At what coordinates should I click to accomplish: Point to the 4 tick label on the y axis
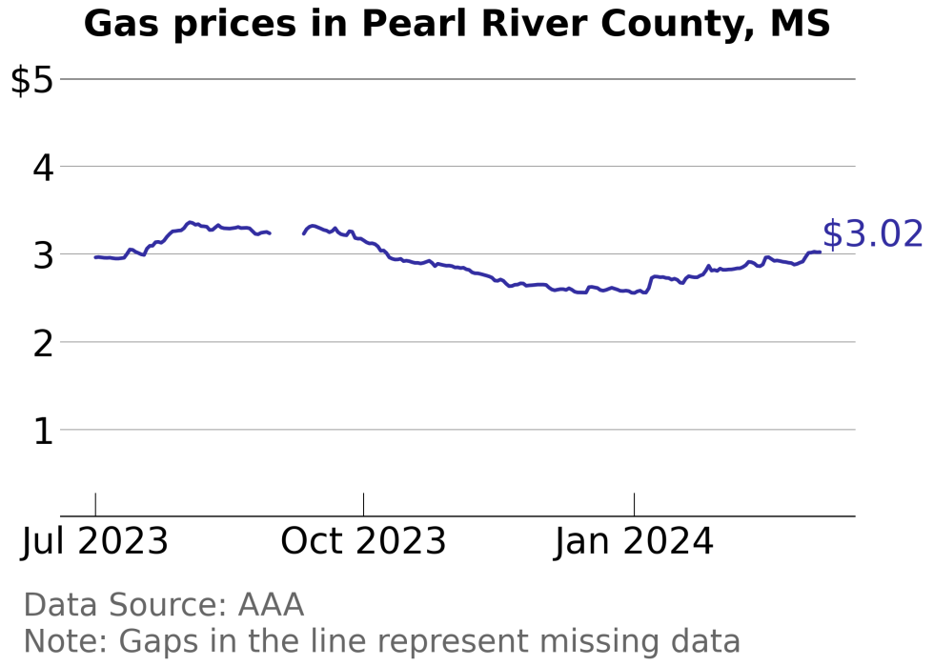pos(42,168)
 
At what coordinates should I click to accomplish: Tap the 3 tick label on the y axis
pos(42,255)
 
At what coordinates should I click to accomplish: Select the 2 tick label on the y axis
pos(42,343)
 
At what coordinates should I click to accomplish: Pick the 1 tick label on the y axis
pos(42,431)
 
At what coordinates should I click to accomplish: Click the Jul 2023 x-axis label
pos(95,542)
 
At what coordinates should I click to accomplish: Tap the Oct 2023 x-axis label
pos(363,542)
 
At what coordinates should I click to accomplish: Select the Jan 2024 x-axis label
pos(634,542)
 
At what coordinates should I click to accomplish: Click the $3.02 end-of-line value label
pos(872,234)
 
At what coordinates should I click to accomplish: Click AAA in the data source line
pos(271,605)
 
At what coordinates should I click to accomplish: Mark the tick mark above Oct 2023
pos(363,504)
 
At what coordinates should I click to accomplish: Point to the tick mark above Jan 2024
pos(634,504)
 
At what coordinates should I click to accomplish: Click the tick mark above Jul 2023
pos(95,504)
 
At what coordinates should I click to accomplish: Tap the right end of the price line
pos(819,252)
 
